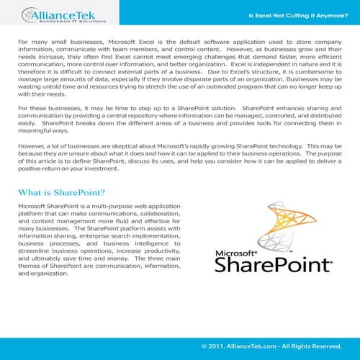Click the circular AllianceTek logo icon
(27, 14)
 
